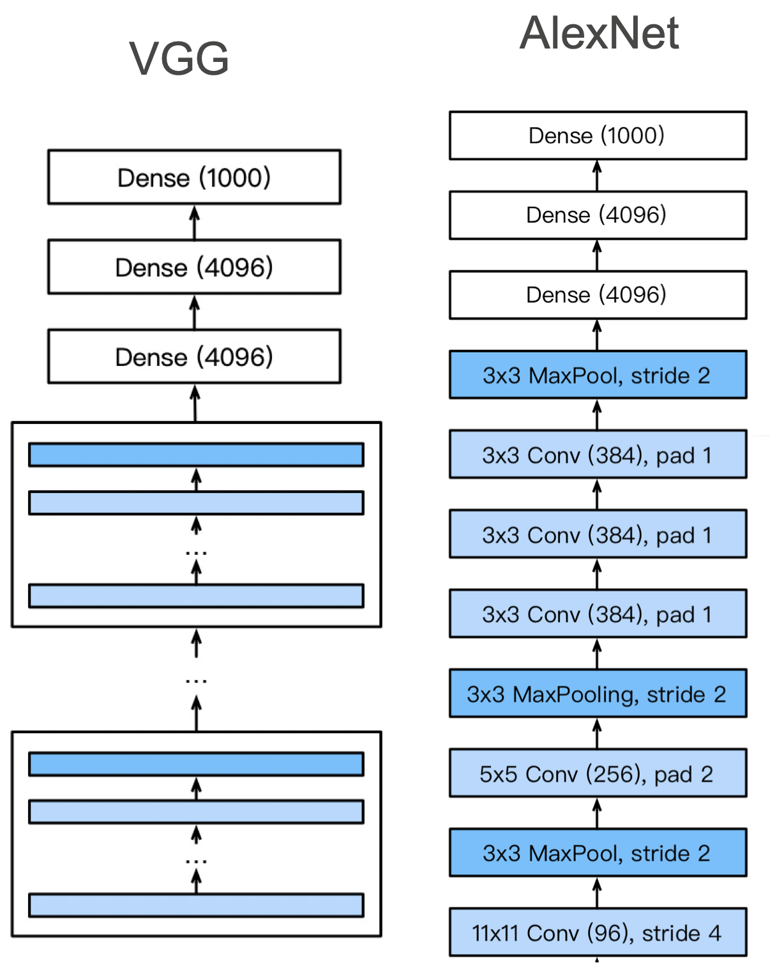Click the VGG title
pos(179,58)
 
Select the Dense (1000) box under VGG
pos(194,177)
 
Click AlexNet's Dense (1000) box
pos(598,135)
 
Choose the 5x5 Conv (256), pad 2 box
pos(598,773)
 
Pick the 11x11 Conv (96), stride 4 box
pos(598,932)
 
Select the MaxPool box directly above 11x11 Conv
pos(598,853)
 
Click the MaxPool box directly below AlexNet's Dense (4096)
pos(598,375)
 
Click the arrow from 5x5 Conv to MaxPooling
pos(598,733)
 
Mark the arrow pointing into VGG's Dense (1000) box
pos(194,222)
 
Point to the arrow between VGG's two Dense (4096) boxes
pos(194,312)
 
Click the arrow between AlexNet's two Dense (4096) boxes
pos(598,255)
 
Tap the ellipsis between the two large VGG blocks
pos(196,681)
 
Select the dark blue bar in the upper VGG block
pos(196,455)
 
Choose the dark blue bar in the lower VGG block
pos(196,764)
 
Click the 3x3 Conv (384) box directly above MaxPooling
pos(598,614)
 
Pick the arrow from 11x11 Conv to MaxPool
pos(598,893)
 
